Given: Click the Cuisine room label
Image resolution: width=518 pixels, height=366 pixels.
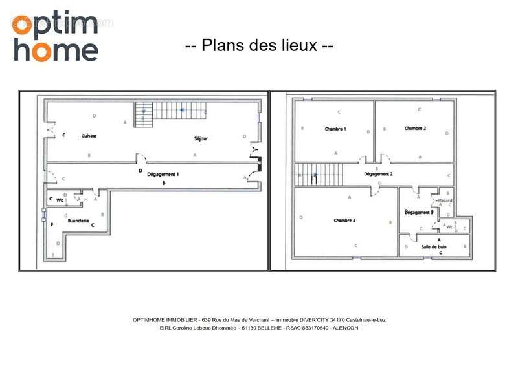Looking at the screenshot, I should coord(89,136).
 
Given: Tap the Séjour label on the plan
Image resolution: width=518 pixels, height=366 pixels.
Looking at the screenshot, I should coord(201,139).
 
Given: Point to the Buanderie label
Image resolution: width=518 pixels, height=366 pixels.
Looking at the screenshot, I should coord(78,221).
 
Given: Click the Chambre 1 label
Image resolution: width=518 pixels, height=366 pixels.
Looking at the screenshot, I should coord(335,129).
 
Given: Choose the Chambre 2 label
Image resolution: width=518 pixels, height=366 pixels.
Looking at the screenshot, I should coord(415,129).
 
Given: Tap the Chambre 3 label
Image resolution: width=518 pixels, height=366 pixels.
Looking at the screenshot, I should coord(344,221).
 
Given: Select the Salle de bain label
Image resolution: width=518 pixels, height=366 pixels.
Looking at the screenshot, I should coord(434,246).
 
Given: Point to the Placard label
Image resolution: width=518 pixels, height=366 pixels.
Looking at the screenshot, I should coord(445,200).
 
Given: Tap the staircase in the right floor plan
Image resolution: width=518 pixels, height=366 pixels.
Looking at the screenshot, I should coord(319,174).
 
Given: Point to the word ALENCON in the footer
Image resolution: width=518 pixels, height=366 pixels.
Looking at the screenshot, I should coord(346,328).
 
